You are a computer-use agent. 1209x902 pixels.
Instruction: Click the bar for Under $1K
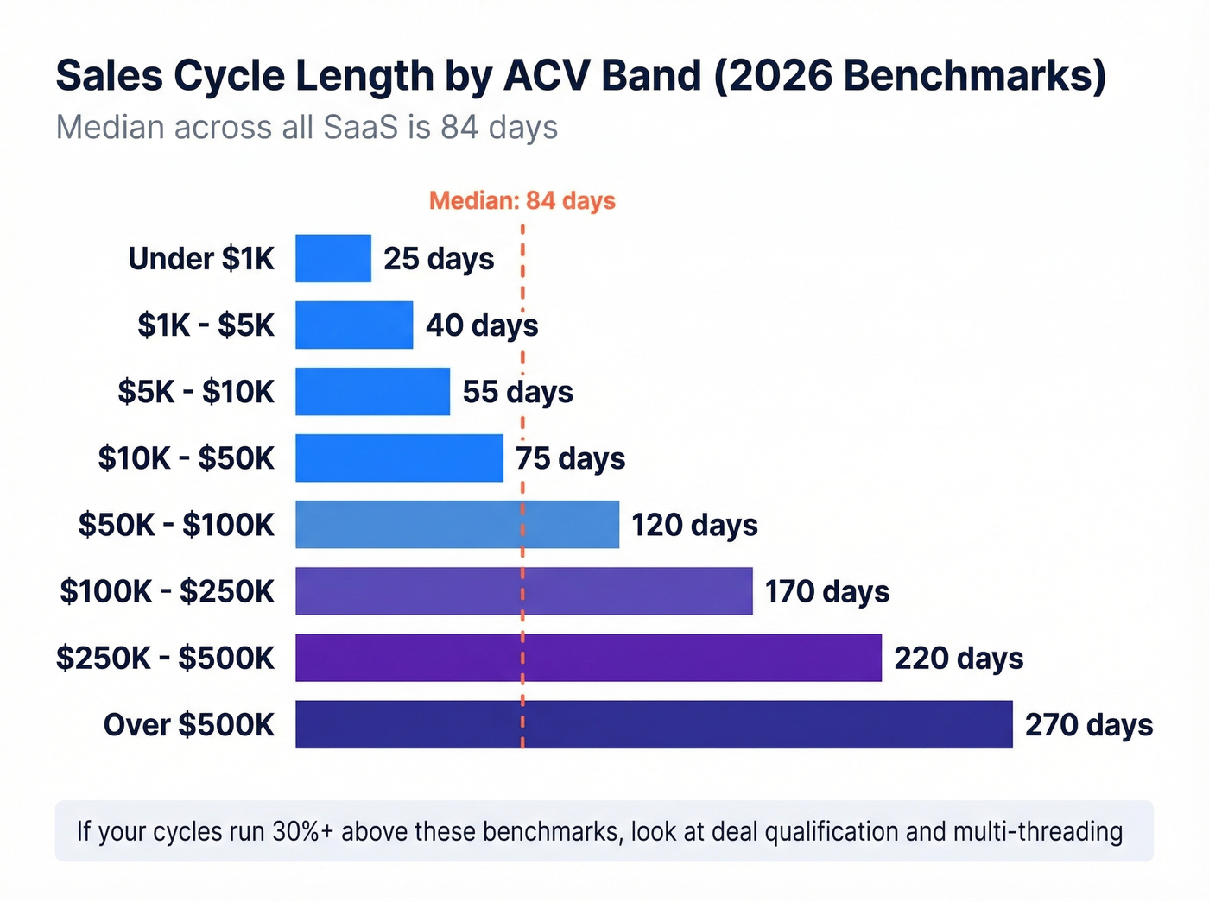[332, 258]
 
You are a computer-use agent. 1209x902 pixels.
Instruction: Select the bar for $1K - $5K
[354, 325]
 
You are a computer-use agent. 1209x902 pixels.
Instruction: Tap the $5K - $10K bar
[372, 391]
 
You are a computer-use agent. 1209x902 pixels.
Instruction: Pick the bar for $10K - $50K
[399, 457]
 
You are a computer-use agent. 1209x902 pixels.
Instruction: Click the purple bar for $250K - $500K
[588, 658]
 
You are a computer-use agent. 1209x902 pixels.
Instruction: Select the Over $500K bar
[654, 724]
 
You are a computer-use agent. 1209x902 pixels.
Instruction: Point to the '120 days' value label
[694, 525]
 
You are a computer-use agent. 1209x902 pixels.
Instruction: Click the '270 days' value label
[1088, 724]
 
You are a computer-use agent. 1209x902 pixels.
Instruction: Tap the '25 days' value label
[439, 258]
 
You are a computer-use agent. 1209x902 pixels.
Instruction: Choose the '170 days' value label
[826, 591]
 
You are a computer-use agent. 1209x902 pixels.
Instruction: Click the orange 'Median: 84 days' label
[522, 200]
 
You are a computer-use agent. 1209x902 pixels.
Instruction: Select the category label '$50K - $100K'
[176, 525]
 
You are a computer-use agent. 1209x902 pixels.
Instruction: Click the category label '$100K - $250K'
[167, 591]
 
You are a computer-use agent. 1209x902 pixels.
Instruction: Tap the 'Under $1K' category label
[201, 258]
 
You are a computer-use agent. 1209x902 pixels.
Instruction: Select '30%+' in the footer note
[302, 831]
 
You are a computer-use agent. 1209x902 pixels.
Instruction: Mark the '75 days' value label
[570, 457]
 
